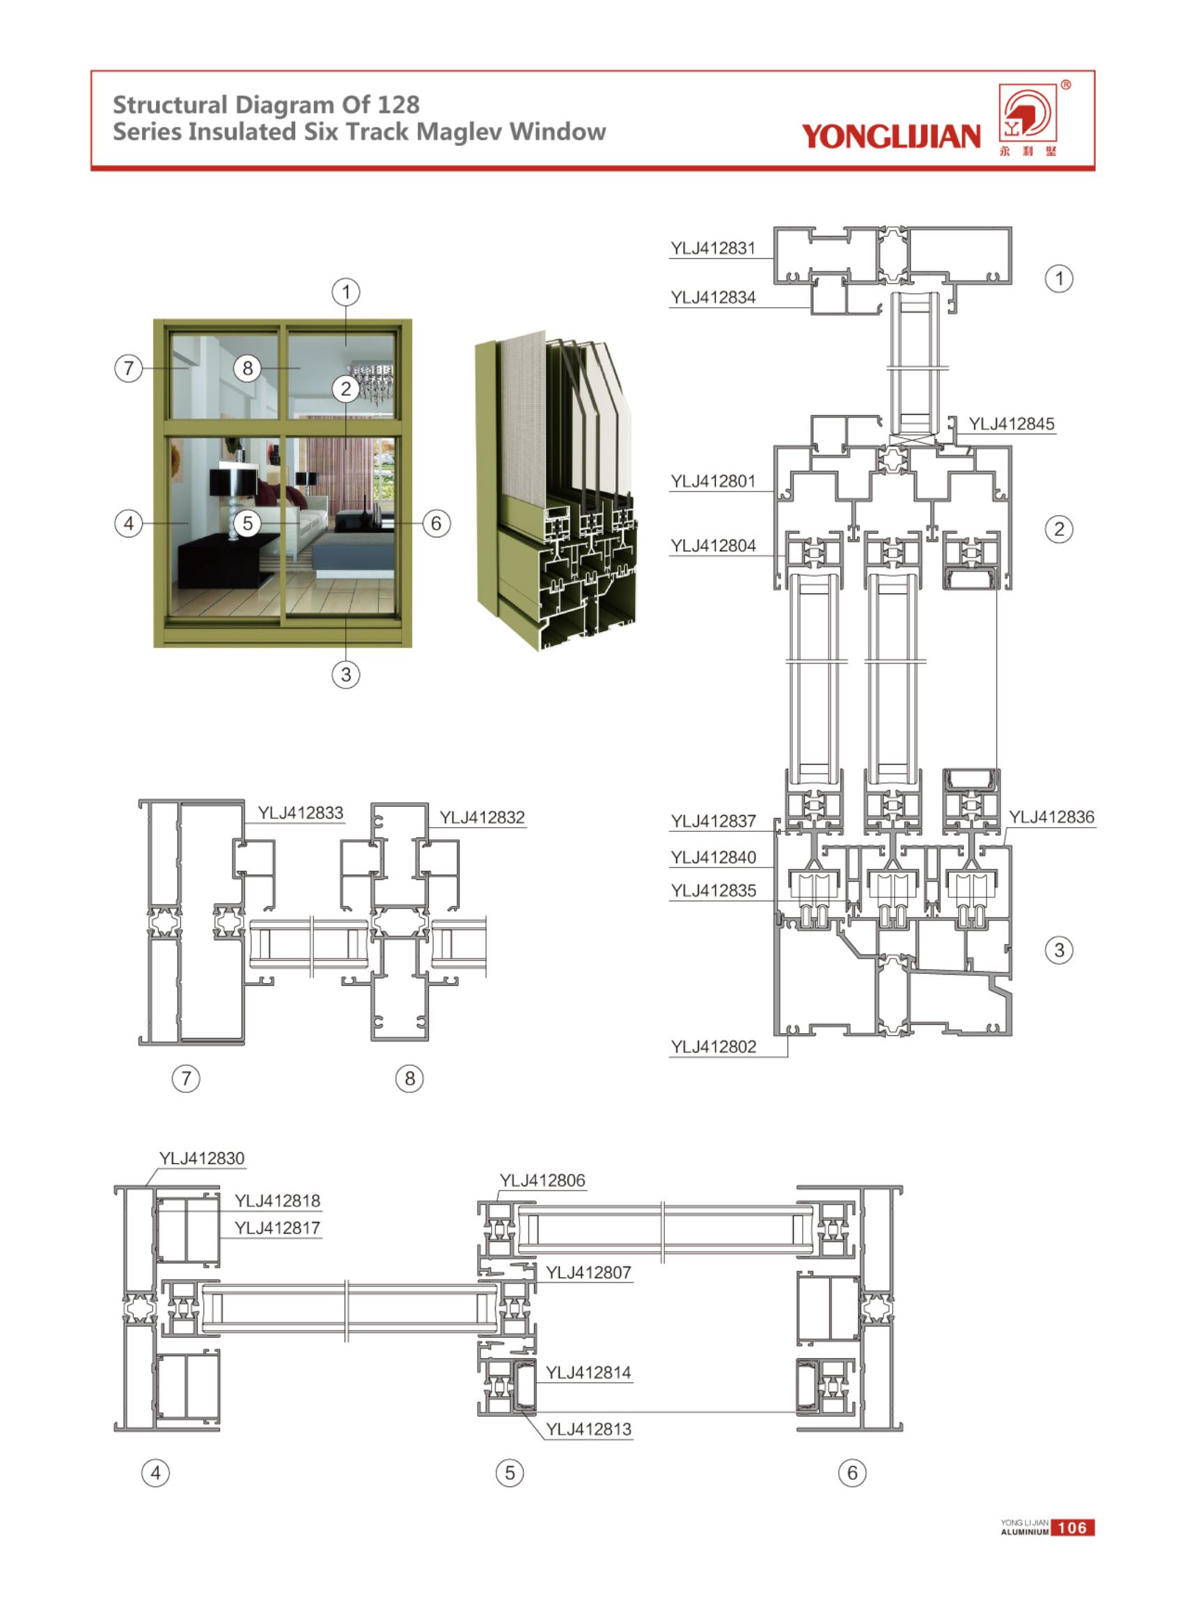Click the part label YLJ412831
[x=712, y=248]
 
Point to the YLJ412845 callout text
[x=1012, y=424]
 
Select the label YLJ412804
[x=713, y=546]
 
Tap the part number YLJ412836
[x=1051, y=817]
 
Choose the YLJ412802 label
[x=713, y=1046]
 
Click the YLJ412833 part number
[x=301, y=812]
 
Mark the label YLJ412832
[x=482, y=817]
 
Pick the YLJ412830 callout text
[x=202, y=1158]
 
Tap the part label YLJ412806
[x=542, y=1181]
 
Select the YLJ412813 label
[x=588, y=1429]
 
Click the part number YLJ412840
[x=713, y=857]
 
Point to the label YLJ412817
[x=277, y=1228]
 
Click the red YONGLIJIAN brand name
[x=890, y=136]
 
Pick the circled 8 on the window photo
[x=247, y=368]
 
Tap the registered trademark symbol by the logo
[x=1066, y=85]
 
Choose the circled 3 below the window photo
[x=346, y=674]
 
